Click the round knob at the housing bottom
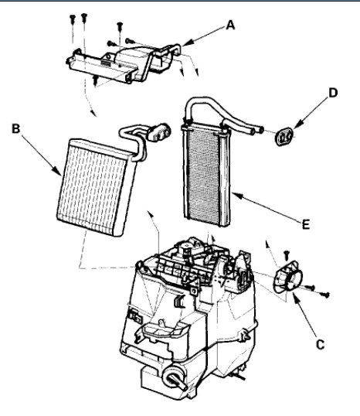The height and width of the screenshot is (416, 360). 172,380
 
